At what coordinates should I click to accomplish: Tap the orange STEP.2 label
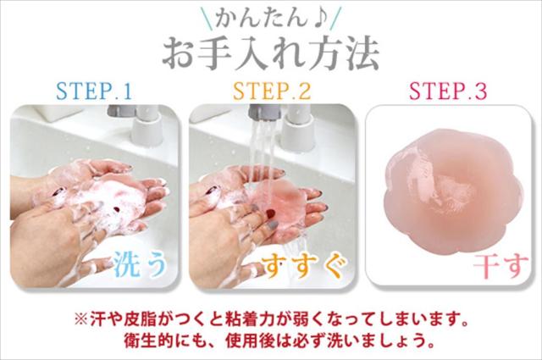tap(271, 91)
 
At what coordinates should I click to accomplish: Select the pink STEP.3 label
tap(448, 91)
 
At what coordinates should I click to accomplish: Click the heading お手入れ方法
tap(270, 50)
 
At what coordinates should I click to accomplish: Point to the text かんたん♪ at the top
tap(271, 16)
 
